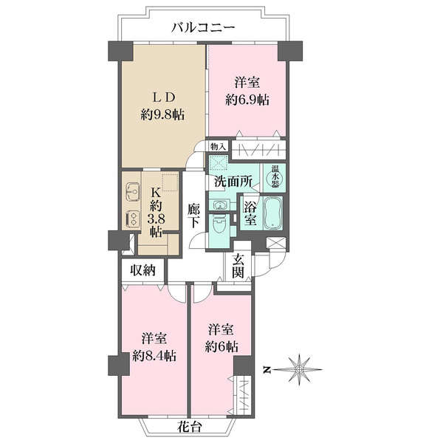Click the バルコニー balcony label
(204, 28)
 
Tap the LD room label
(163, 97)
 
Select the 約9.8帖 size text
(162, 115)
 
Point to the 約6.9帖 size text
(247, 100)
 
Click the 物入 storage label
(219, 147)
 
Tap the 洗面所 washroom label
(233, 182)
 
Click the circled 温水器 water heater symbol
(275, 177)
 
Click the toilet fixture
(219, 224)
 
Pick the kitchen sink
(133, 192)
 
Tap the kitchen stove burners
(132, 219)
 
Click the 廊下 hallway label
(193, 216)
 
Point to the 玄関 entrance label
(238, 266)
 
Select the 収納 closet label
(142, 270)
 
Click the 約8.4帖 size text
(154, 356)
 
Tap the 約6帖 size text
(221, 347)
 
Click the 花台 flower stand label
(190, 427)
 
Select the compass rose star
(300, 370)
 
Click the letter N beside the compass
(266, 370)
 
